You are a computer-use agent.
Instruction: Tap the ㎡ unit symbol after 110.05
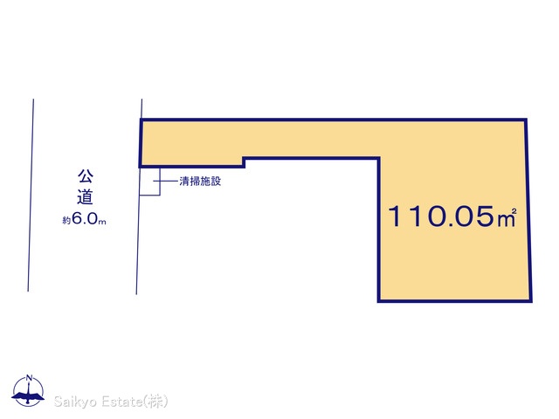click(507, 217)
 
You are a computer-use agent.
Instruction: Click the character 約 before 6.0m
click(66, 222)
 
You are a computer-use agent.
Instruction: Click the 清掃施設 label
click(199, 182)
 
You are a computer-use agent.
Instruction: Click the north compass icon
click(31, 391)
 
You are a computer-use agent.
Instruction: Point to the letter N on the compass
click(31, 379)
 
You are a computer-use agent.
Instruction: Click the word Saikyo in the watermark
click(75, 402)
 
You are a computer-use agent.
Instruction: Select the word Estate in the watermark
click(121, 402)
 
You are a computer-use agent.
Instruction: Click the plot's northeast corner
click(527, 120)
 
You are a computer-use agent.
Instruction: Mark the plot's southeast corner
click(530, 301)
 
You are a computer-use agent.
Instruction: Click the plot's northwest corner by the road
click(141, 120)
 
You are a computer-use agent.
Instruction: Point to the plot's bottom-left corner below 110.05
click(379, 301)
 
